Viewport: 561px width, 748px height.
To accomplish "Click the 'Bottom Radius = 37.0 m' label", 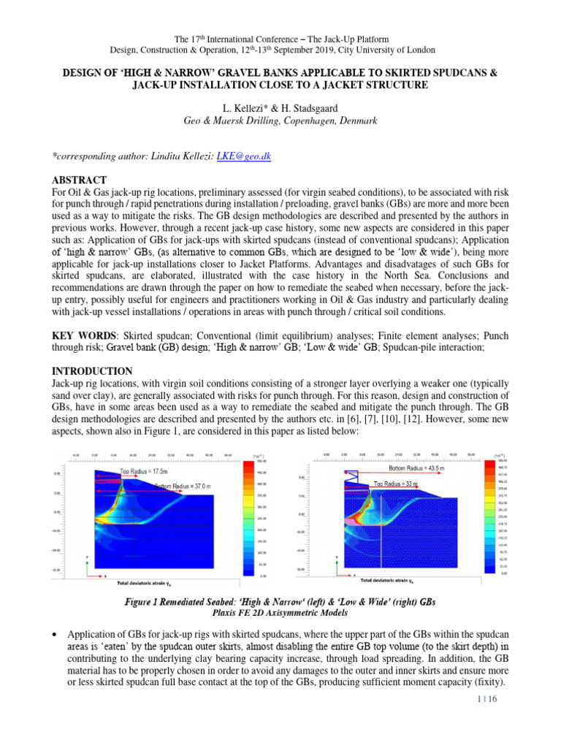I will [x=182, y=485].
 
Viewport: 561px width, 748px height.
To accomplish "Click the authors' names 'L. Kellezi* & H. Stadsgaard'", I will [x=280, y=109].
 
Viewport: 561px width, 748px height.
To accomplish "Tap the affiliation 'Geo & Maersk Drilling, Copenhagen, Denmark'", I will [x=280, y=121].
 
